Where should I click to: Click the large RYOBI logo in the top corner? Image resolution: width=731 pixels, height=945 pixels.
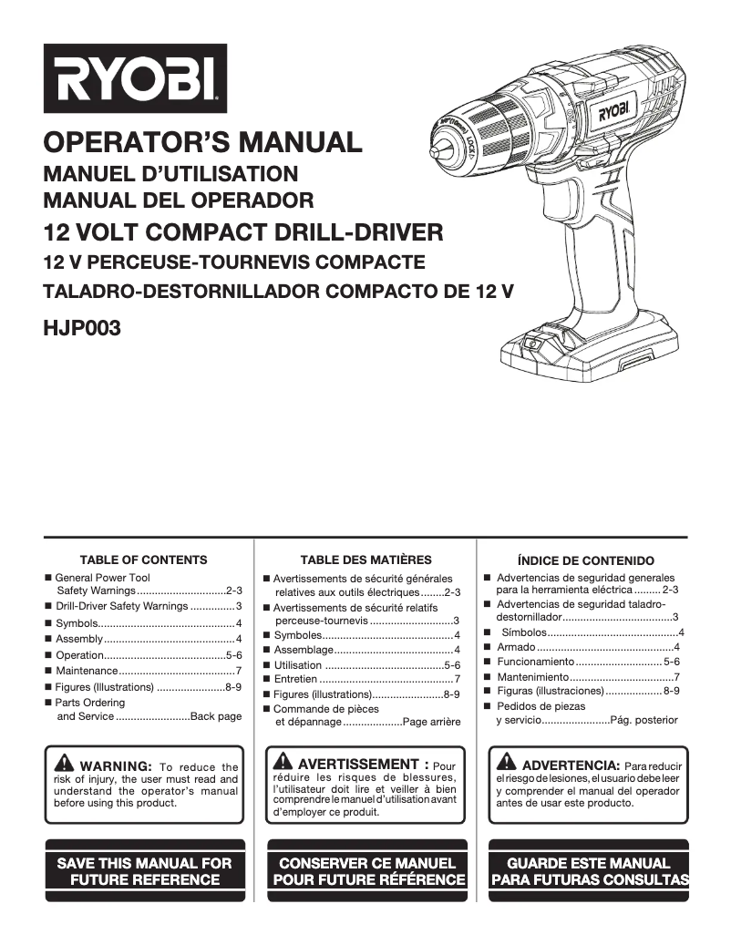click(134, 77)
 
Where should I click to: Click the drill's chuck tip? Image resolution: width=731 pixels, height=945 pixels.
click(440, 139)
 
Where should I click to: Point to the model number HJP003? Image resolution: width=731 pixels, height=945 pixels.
click(82, 327)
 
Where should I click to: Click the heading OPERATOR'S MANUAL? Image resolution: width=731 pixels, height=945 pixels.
click(202, 143)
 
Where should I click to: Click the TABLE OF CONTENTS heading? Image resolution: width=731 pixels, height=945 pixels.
click(143, 560)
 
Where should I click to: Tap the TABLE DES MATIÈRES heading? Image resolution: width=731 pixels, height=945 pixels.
click(365, 560)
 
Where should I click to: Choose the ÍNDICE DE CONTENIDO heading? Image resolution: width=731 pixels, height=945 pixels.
click(585, 560)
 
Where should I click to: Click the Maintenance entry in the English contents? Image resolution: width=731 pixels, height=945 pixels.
click(87, 671)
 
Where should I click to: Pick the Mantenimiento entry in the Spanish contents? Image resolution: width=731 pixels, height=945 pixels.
click(533, 677)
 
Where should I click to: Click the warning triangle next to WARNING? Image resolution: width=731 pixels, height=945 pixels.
click(65, 764)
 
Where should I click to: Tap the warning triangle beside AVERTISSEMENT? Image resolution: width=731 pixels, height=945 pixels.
click(283, 762)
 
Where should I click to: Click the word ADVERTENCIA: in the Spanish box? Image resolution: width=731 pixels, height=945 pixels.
click(571, 765)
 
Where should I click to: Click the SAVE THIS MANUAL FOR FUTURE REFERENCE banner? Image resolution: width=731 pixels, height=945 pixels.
click(144, 870)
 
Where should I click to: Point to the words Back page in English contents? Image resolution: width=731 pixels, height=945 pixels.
click(216, 716)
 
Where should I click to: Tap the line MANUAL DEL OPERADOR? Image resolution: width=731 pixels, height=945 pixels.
click(179, 200)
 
